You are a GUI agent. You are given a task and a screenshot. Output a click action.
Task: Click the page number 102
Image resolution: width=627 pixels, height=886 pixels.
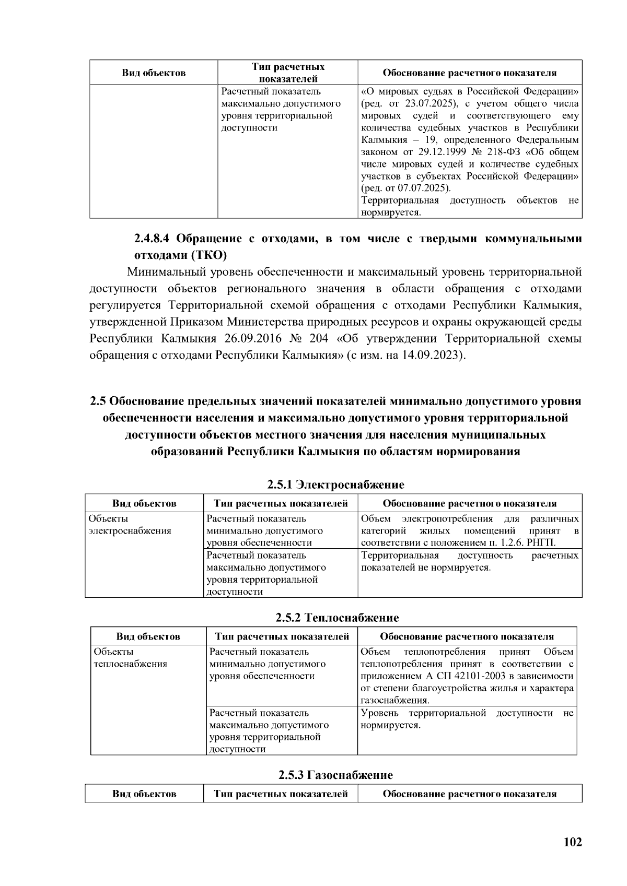[x=573, y=842]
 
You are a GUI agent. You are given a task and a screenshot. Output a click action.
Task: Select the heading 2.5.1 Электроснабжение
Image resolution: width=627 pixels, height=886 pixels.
[x=335, y=485]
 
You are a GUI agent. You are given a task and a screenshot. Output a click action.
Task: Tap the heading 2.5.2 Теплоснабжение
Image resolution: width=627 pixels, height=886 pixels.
[x=337, y=618]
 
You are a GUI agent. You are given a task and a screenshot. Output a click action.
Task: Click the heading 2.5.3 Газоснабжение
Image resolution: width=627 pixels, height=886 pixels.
[x=335, y=775]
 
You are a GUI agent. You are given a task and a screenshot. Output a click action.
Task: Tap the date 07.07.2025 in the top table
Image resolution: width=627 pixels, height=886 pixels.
[x=420, y=188]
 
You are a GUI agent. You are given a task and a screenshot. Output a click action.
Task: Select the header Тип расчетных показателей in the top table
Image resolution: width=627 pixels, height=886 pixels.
[x=288, y=73]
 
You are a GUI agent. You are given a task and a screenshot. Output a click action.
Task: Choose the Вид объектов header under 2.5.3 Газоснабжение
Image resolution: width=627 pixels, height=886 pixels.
[x=144, y=794]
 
